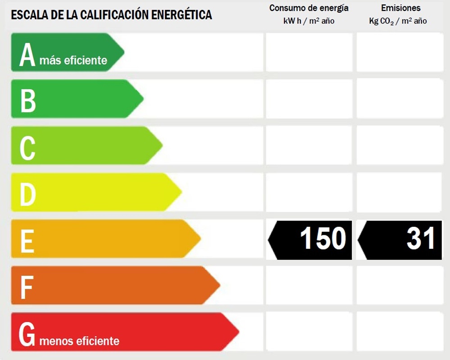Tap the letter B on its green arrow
click(x=28, y=100)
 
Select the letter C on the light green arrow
click(x=27, y=147)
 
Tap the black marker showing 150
click(x=310, y=239)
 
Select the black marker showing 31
click(x=400, y=239)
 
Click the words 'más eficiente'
click(x=73, y=60)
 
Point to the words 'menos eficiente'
click(x=80, y=341)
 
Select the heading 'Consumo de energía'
click(x=309, y=8)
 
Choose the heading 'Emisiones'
click(x=400, y=8)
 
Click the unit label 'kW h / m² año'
click(x=309, y=21)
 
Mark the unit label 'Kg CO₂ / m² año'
click(x=398, y=21)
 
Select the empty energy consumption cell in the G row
click(x=309, y=331)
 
